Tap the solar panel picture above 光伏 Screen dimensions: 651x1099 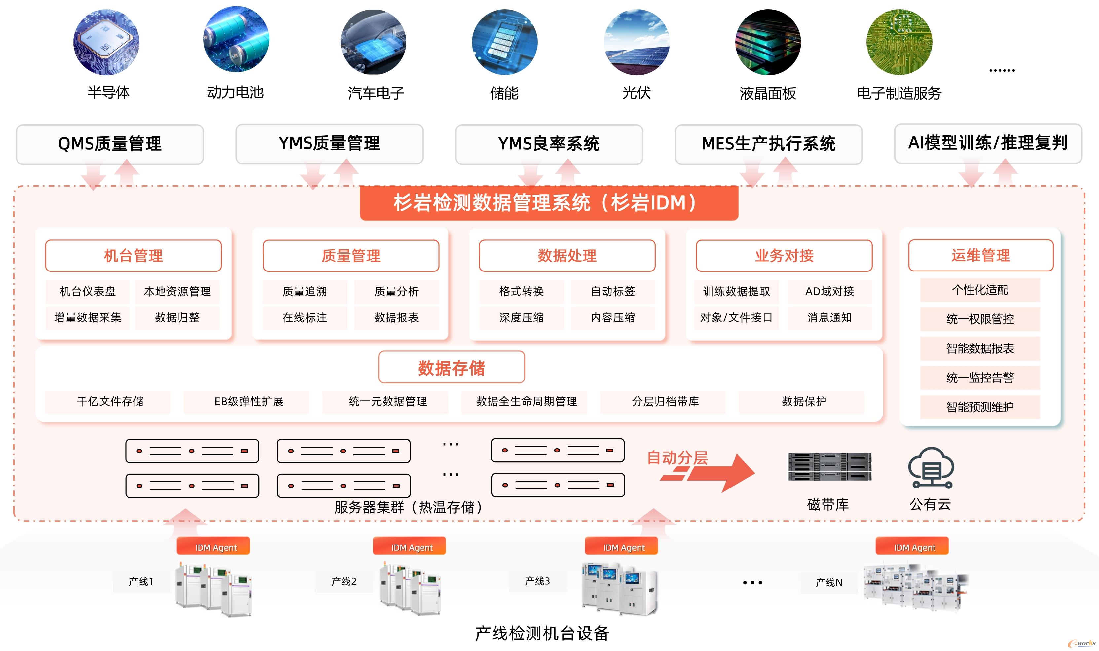pos(636,42)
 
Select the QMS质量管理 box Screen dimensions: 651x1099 pos(110,144)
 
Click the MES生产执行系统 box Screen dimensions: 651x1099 pos(768,144)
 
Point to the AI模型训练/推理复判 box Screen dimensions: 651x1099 pos(988,143)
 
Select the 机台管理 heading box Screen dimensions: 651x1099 pos(133,256)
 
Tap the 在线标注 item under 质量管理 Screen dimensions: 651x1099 pos(305,318)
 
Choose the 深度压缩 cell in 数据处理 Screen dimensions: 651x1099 pos(521,318)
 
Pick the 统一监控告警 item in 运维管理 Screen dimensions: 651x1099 pos(980,378)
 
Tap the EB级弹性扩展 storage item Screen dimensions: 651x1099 pos(248,401)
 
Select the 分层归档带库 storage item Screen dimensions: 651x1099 pos(665,401)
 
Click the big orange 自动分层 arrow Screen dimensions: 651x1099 pos(715,473)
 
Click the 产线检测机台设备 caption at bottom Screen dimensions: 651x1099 pos(542,633)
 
